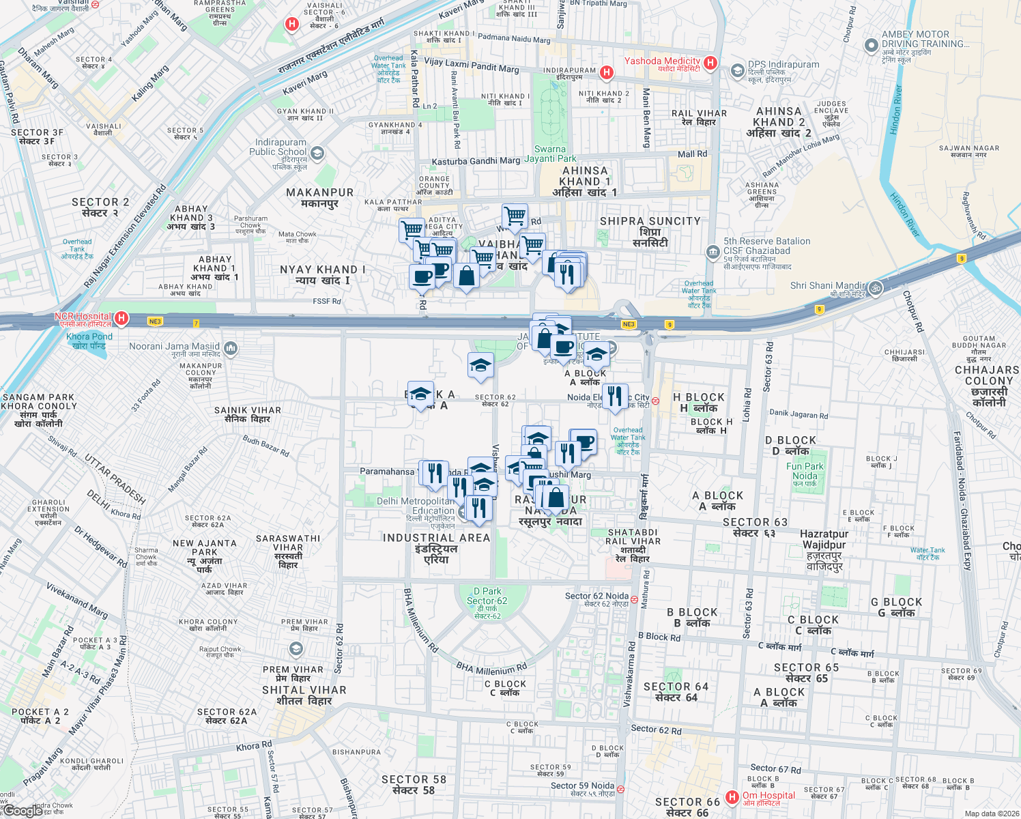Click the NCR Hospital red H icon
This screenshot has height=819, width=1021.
(121, 318)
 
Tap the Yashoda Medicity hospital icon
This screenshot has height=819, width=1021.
(710, 63)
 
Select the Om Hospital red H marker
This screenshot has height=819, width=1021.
(732, 796)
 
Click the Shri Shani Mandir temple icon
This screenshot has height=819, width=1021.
(875, 288)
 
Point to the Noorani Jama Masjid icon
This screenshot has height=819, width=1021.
(230, 349)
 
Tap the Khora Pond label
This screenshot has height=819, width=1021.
(89, 341)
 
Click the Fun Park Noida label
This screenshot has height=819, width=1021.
(805, 471)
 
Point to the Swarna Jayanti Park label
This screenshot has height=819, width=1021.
(550, 154)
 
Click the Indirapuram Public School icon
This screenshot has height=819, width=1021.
(317, 154)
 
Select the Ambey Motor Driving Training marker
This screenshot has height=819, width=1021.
(871, 46)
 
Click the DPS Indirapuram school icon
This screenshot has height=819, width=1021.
(737, 70)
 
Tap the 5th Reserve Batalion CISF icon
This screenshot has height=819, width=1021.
(713, 252)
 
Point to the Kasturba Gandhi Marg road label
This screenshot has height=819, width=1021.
(476, 161)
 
